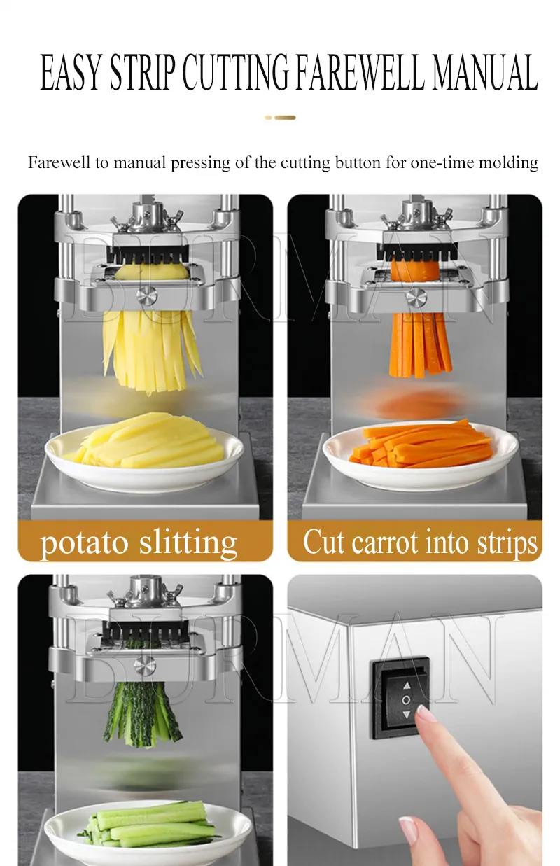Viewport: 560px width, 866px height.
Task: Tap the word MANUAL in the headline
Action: (485, 72)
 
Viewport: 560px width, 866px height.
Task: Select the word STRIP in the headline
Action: (142, 72)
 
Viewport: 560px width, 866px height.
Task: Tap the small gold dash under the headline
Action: (280, 118)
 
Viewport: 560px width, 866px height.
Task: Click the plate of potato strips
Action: (144, 457)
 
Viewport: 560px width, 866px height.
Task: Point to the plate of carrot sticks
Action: (421, 456)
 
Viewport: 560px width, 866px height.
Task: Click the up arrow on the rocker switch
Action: (407, 686)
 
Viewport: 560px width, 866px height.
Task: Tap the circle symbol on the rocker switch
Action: (406, 700)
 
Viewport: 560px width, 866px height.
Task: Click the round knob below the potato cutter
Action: (146, 296)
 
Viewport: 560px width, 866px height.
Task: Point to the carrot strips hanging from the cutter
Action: (420, 345)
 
